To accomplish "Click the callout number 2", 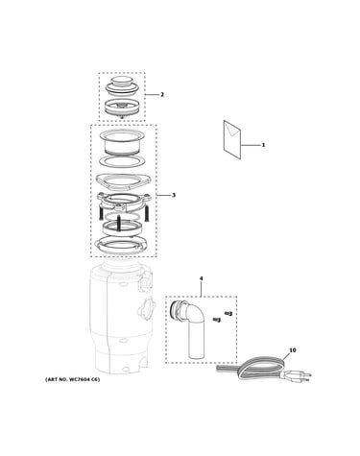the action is click(x=162, y=94).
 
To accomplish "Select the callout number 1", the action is click(x=263, y=145).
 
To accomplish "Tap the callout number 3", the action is click(x=174, y=195).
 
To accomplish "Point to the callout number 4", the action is click(x=201, y=278).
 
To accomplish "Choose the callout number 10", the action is click(x=293, y=350).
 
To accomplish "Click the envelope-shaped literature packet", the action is click(x=232, y=139).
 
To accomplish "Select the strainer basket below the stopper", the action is click(x=122, y=108).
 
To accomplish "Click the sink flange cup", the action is click(x=122, y=143).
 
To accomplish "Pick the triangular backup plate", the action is click(x=123, y=180).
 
